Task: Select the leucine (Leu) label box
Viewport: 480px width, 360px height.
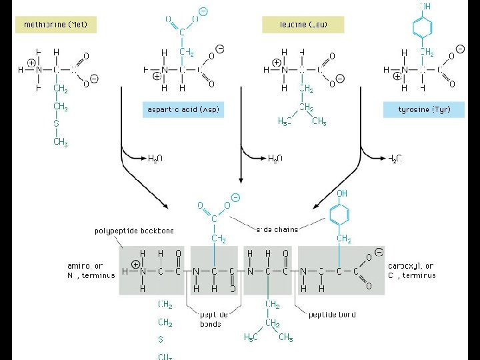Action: pos(303,25)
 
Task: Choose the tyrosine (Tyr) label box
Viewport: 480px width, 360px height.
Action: pos(423,109)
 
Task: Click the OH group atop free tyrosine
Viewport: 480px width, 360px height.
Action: pos(424,7)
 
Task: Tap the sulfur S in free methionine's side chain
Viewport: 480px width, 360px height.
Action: pos(56,123)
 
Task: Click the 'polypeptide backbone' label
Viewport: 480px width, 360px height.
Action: pos(133,231)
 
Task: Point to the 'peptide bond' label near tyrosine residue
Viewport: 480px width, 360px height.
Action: pos(332,314)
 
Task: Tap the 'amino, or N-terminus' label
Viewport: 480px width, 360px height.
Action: pos(91,270)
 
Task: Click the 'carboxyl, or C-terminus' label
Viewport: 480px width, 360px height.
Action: pos(411,270)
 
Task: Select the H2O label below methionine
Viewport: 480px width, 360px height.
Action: pos(155,158)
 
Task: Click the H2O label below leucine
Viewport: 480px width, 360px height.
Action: pos(275,158)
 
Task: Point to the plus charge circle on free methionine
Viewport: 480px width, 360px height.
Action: pos(31,63)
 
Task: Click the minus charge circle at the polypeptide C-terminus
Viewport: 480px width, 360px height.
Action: pos(379,252)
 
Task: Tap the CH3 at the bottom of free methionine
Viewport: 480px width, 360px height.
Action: pos(60,142)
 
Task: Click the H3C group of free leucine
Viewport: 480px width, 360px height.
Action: pos(285,121)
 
